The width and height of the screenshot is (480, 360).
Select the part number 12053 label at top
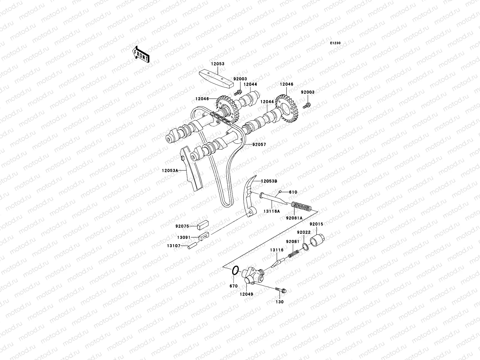217,64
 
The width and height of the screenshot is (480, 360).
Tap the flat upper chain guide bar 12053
217,77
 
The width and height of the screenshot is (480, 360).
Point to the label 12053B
269,181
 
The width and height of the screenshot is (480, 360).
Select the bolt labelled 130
280,290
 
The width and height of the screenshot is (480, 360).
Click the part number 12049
246,294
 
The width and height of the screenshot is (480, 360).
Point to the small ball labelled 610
279,191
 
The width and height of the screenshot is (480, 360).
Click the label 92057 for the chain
259,144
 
